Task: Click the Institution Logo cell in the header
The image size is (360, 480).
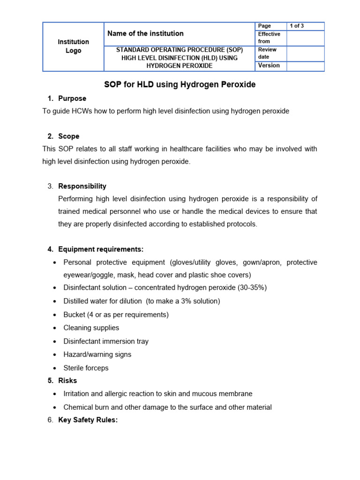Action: (x=73, y=46)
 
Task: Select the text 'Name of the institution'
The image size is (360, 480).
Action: (x=145, y=33)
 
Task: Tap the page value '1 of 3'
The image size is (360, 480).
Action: (x=297, y=26)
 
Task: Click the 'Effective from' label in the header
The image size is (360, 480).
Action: (x=269, y=37)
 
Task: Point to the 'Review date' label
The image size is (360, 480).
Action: (x=267, y=53)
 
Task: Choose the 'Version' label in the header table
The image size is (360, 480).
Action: (x=269, y=66)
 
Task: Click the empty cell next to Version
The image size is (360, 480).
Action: (x=305, y=66)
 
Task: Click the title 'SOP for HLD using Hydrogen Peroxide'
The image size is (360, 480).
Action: (x=180, y=85)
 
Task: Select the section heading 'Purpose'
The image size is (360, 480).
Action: (x=72, y=98)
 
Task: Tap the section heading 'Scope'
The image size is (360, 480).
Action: (x=69, y=136)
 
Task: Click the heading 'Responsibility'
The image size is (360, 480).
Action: (x=82, y=186)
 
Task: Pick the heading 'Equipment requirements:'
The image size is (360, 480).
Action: (x=101, y=249)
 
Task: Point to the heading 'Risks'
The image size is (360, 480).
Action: (x=67, y=381)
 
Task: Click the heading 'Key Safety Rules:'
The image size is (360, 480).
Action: (x=88, y=420)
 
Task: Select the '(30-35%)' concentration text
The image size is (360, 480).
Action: (x=250, y=287)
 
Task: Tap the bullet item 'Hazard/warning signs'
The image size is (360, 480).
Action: (x=97, y=354)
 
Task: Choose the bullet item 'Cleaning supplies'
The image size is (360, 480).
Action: (x=91, y=328)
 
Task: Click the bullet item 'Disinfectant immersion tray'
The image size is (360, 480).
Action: (x=106, y=341)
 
